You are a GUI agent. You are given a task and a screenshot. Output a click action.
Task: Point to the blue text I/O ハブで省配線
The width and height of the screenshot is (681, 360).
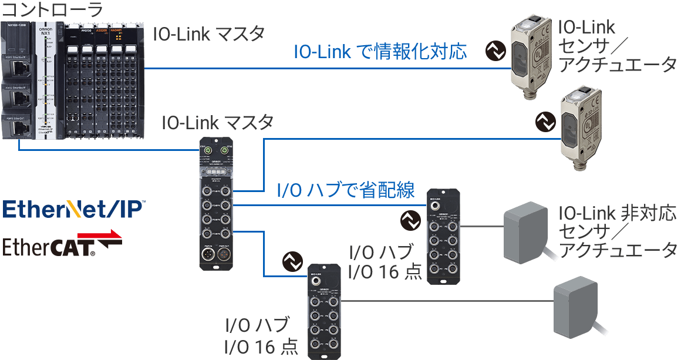pyautogui.click(x=345, y=190)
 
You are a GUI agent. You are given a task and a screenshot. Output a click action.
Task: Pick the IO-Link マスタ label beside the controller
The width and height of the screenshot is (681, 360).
pyautogui.click(x=209, y=34)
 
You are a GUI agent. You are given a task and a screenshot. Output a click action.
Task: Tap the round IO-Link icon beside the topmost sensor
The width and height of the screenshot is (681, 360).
pyautogui.click(x=495, y=51)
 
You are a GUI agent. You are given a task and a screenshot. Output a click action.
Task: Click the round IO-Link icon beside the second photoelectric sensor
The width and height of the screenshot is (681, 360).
pyautogui.click(x=546, y=122)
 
